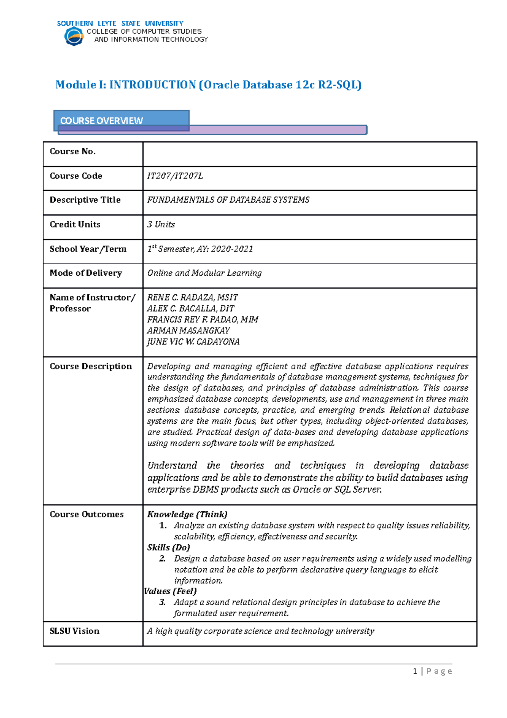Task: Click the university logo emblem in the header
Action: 74,36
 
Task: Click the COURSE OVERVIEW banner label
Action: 101,121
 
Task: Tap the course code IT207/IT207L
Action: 175,176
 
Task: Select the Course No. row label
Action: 73,151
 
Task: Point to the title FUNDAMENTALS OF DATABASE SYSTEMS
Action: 228,200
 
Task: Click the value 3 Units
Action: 161,225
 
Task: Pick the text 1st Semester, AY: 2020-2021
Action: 200,249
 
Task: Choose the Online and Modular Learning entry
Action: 204,273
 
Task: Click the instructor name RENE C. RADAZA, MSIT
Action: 192,298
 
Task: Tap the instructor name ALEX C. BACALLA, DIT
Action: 191,309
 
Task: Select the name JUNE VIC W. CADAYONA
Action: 193,342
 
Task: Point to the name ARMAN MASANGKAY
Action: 188,331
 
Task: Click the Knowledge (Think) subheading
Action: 187,515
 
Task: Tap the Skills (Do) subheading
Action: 169,548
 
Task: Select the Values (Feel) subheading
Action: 170,591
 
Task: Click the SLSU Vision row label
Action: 75,631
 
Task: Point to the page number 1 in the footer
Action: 415,671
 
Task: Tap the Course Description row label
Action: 91,367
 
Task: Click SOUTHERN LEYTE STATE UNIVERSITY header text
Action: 120,23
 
